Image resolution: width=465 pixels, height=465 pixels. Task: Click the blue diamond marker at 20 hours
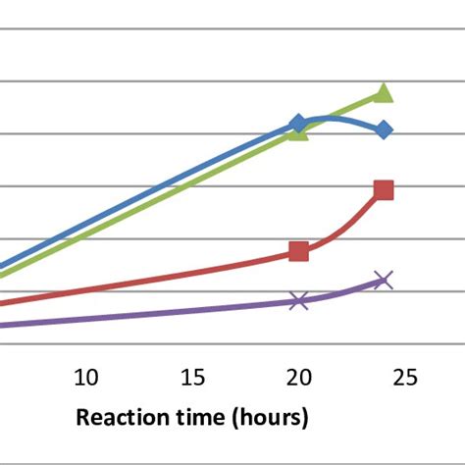coord(298,124)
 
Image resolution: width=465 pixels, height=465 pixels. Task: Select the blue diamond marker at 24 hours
coord(384,129)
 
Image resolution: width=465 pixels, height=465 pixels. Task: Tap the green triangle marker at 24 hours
coord(384,94)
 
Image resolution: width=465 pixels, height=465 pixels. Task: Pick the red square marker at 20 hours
coord(298,252)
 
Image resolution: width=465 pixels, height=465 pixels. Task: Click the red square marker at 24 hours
coord(384,190)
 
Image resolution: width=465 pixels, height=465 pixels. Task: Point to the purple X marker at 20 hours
coord(299,300)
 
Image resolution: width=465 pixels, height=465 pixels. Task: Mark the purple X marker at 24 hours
coord(384,281)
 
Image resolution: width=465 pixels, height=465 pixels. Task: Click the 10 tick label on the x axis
coord(86,378)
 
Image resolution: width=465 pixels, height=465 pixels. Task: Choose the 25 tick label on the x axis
coord(405,378)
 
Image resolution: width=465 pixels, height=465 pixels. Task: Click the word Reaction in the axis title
coord(126,418)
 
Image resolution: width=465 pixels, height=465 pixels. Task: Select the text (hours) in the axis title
coord(270,418)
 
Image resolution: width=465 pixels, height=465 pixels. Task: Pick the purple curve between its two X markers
coord(343,293)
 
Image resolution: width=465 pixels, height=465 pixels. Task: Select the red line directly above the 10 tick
coord(86,290)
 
